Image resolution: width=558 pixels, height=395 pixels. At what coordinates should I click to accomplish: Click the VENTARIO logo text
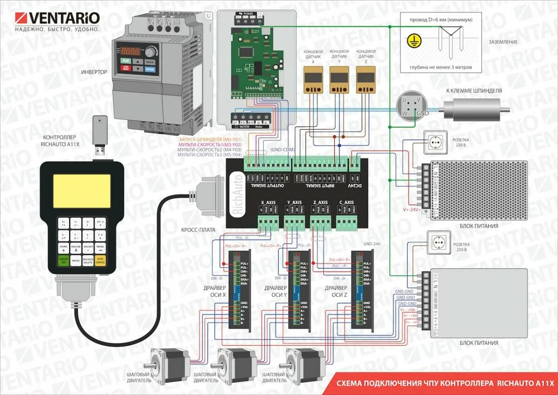(64, 18)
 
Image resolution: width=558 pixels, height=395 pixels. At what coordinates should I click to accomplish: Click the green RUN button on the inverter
(126, 61)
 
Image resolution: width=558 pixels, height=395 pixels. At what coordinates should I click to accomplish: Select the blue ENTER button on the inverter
(150, 69)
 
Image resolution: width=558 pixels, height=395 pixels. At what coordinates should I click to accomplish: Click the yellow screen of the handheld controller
(82, 191)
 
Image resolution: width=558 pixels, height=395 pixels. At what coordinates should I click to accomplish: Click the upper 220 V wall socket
(435, 142)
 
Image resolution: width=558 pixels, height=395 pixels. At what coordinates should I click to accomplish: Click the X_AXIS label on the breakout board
(268, 203)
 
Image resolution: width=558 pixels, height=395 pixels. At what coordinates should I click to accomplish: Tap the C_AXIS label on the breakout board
(346, 203)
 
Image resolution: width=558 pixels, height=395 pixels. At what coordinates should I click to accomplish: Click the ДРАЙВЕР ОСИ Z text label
(335, 291)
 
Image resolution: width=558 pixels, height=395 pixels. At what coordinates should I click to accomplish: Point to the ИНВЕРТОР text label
(94, 72)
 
